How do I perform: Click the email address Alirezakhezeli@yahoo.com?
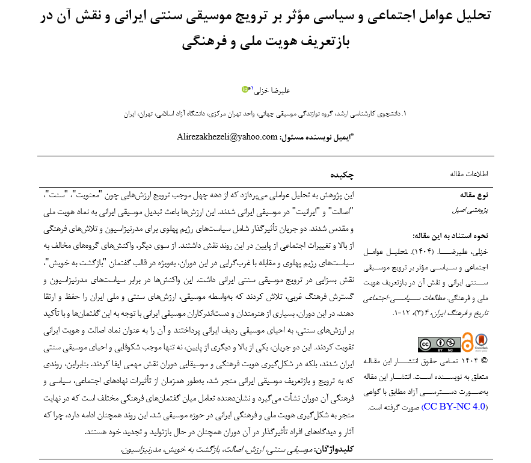tap(227, 136)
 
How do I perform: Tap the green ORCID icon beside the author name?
tap(245, 89)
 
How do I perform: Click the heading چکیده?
tap(341, 174)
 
